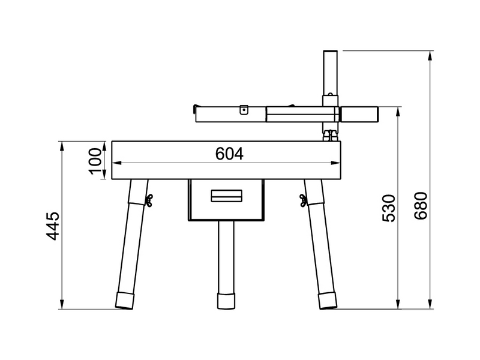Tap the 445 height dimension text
pos(53,226)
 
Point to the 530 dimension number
pos(389,208)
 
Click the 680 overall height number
pos(421,206)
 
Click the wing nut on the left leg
pos(147,200)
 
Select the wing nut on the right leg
pos(304,200)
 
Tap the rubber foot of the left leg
pos(125,301)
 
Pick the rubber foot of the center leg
pos(226,301)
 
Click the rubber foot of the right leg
pos(327,301)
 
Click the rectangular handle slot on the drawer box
pos(226,196)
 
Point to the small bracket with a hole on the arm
pos(243,110)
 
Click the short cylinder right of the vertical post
pos(359,113)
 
